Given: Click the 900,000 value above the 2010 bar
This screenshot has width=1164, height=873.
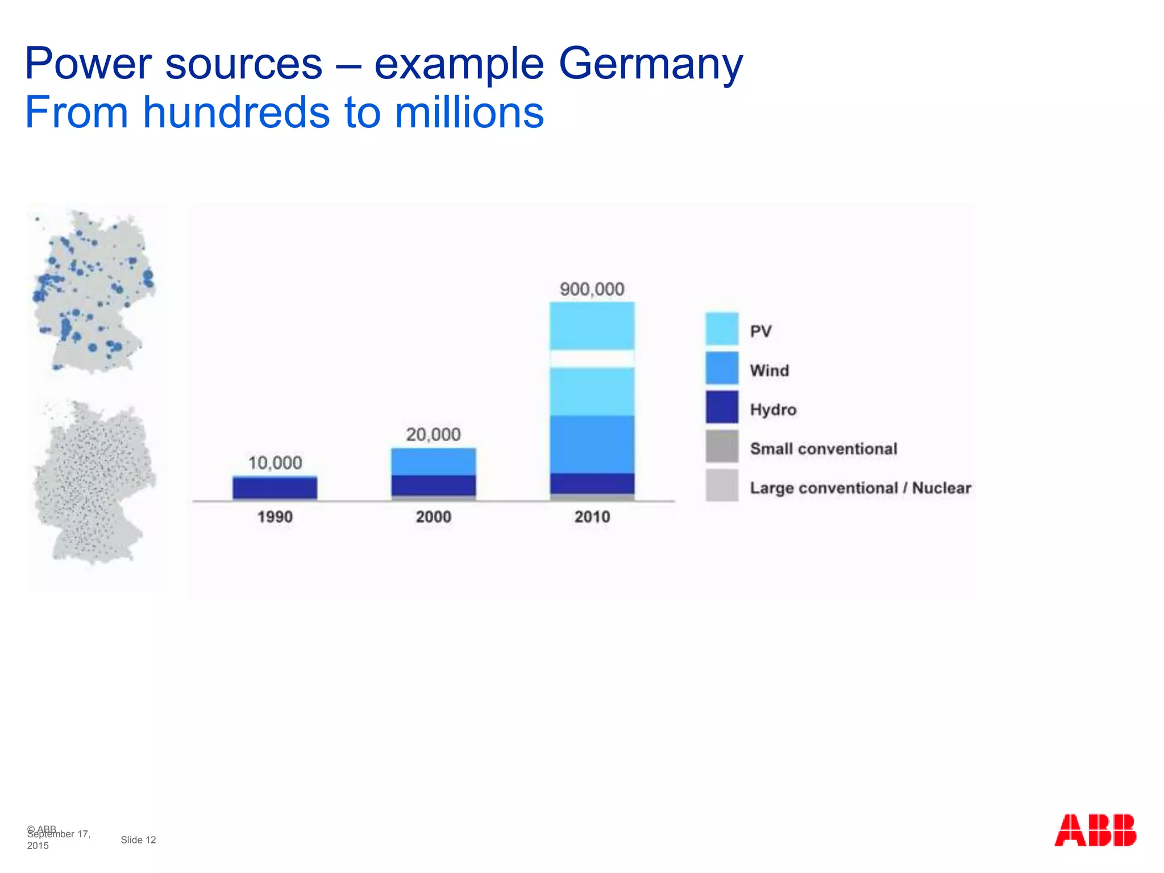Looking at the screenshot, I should pyautogui.click(x=592, y=289).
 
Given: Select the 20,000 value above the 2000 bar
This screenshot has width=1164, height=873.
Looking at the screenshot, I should pyautogui.click(x=433, y=435).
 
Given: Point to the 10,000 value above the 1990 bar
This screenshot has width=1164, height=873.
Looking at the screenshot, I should pyautogui.click(x=275, y=463).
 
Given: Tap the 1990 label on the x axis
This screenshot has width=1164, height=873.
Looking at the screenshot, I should pyautogui.click(x=275, y=517).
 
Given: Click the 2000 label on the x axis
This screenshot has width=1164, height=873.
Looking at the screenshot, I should pyautogui.click(x=433, y=517).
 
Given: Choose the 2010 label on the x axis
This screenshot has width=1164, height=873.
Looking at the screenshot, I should pyautogui.click(x=592, y=517).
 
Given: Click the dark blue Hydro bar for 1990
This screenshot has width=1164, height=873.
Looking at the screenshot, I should pyautogui.click(x=275, y=488).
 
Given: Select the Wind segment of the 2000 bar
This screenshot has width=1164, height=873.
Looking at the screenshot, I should pyautogui.click(x=433, y=462).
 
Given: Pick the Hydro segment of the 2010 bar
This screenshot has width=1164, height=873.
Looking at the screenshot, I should pyautogui.click(x=592, y=483).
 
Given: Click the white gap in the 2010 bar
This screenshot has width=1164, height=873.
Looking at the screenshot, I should pyautogui.click(x=592, y=359).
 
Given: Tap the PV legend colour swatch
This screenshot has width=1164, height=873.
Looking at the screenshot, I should pyautogui.click(x=722, y=329).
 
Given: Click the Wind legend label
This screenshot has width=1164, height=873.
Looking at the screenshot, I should pyautogui.click(x=770, y=371).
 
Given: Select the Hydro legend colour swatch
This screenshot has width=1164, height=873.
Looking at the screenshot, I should pyautogui.click(x=722, y=407).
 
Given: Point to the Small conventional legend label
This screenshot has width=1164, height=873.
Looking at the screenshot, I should pyautogui.click(x=824, y=449).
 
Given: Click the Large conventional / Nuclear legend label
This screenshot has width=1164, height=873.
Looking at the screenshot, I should pyautogui.click(x=860, y=488).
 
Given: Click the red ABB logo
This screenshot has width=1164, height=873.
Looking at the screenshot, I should pyautogui.click(x=1095, y=830).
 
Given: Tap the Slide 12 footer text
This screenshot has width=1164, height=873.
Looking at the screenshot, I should pyautogui.click(x=138, y=840).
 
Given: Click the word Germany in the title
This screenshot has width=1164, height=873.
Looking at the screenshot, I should pyautogui.click(x=651, y=64).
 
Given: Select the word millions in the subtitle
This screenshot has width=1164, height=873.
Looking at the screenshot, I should pyautogui.click(x=469, y=113).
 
